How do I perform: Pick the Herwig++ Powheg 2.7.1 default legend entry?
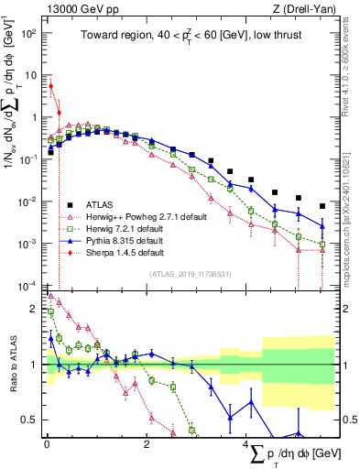[137, 216]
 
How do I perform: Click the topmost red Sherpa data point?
[50, 86]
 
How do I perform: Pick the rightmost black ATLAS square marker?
[322, 206]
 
